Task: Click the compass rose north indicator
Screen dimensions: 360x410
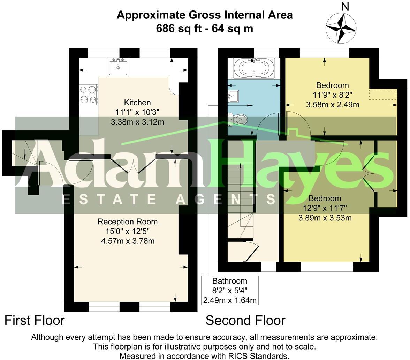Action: pyautogui.click(x=341, y=28)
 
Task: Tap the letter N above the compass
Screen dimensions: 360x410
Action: pyautogui.click(x=345, y=6)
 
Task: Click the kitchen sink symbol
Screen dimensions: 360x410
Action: pyautogui.click(x=119, y=66)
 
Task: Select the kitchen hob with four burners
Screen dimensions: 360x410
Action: pyautogui.click(x=89, y=95)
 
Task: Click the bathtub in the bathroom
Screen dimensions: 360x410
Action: pyautogui.click(x=254, y=68)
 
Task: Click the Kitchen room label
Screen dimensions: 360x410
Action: pyautogui.click(x=137, y=103)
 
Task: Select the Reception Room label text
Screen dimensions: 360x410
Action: pyautogui.click(x=128, y=222)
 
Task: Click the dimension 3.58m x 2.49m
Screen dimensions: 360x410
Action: pyautogui.click(x=333, y=105)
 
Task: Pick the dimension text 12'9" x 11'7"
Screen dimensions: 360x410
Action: pyautogui.click(x=325, y=209)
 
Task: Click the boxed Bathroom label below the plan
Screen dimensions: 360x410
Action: pyautogui.click(x=230, y=281)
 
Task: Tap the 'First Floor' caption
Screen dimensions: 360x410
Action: pyautogui.click(x=35, y=320)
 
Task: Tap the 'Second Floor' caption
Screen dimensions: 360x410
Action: pyautogui.click(x=245, y=320)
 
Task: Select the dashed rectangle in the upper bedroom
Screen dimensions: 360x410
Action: pyautogui.click(x=383, y=95)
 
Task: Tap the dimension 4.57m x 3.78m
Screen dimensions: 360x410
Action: pyautogui.click(x=128, y=241)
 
